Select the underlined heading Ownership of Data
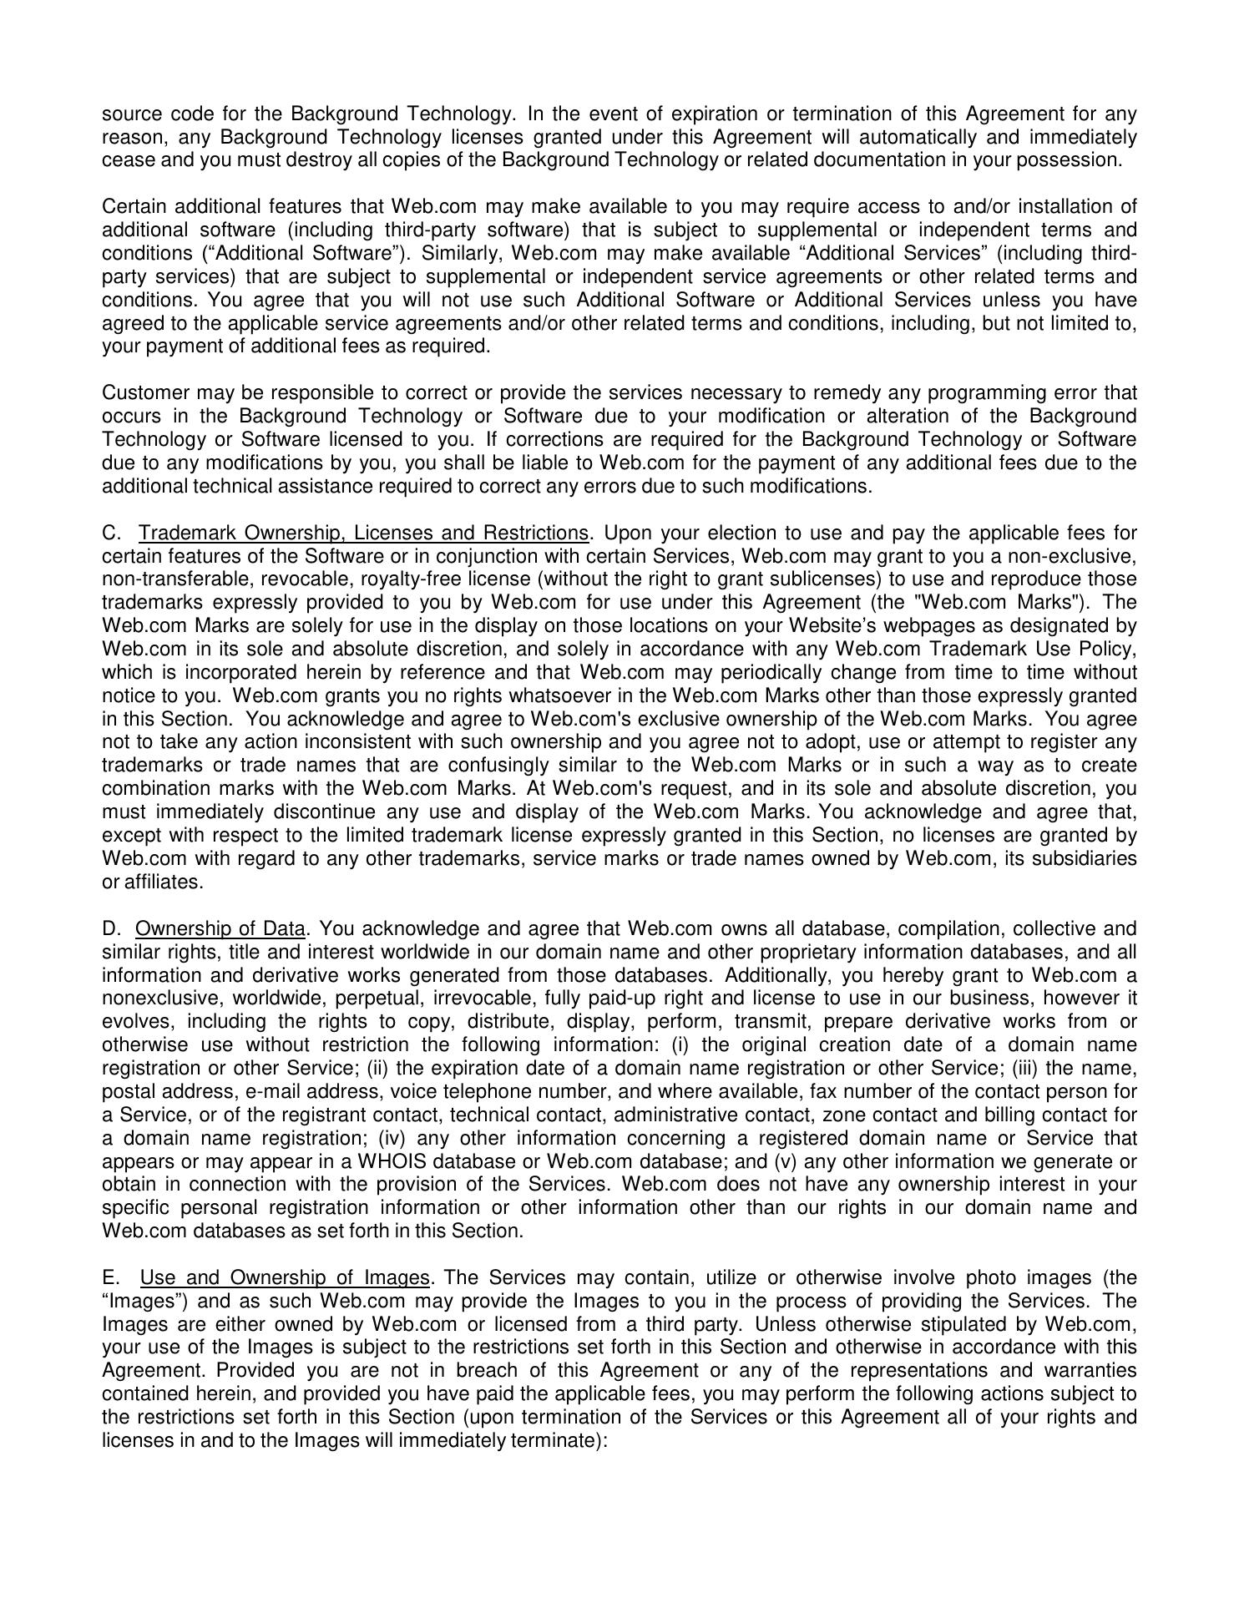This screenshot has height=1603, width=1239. (220, 928)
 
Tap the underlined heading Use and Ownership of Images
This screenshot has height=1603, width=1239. (285, 1277)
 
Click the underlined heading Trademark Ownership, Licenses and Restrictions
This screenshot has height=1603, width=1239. (364, 533)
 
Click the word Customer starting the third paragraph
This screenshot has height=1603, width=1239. (139, 392)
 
